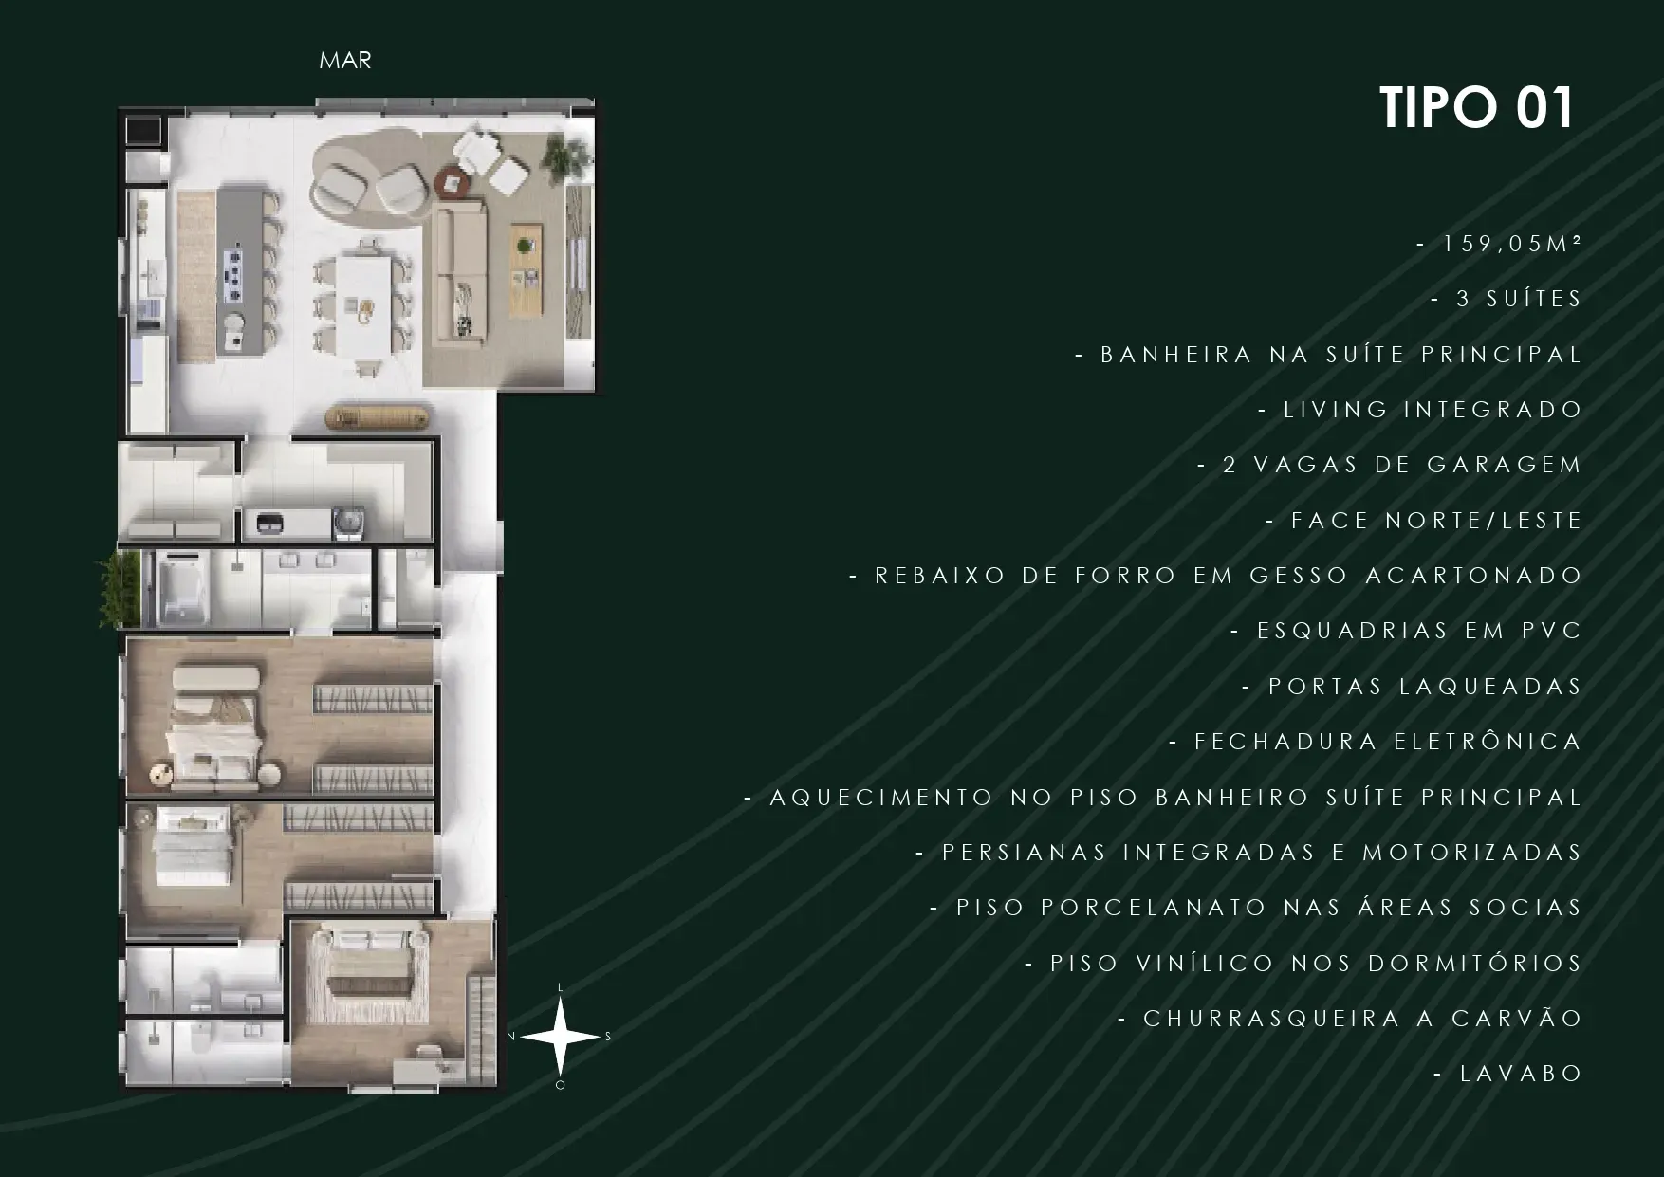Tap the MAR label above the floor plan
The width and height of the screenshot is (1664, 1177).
[x=345, y=61]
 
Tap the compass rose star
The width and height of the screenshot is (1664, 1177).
[x=560, y=1037]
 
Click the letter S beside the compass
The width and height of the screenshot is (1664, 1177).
[x=608, y=1037]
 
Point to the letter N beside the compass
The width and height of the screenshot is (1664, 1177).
[x=510, y=1037]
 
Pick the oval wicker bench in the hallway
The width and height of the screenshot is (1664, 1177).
[x=376, y=416]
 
